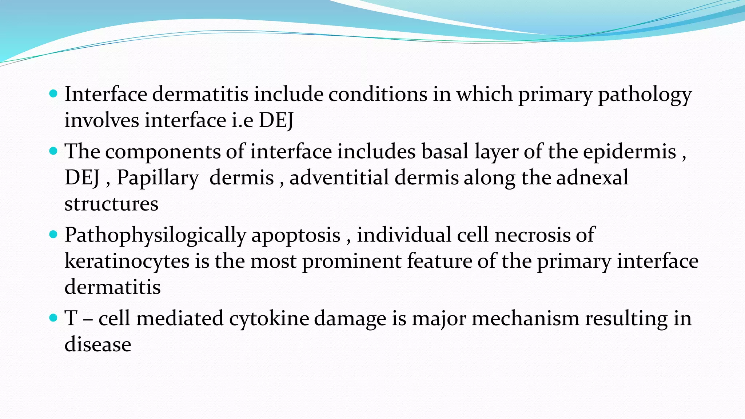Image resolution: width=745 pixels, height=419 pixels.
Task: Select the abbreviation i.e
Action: (242, 120)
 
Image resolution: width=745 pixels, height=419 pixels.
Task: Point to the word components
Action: (163, 152)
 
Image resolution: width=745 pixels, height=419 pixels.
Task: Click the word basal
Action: (445, 151)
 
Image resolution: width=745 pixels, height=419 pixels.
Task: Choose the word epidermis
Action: (629, 152)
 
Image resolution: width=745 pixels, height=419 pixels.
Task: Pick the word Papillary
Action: (158, 178)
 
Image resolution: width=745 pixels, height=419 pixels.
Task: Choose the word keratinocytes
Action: (127, 262)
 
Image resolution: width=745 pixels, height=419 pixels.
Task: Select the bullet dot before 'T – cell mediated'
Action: (53, 318)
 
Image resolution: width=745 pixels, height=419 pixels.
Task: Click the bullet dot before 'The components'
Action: (53, 151)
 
